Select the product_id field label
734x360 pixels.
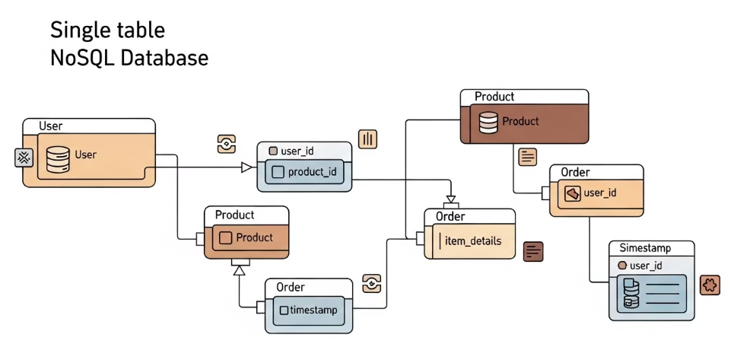[312, 172]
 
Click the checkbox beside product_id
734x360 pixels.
[278, 172]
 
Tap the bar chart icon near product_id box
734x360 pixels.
[367, 139]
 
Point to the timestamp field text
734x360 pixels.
[312, 310]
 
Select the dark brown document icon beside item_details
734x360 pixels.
[534, 251]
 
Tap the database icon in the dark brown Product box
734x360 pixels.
[488, 121]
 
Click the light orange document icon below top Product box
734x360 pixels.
[527, 157]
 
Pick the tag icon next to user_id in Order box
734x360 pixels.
[573, 193]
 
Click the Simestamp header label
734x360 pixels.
[645, 248]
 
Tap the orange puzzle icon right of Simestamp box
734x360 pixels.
[709, 285]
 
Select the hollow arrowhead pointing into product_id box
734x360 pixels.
[246, 167]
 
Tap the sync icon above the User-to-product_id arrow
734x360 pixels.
[226, 144]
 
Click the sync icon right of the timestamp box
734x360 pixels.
[371, 283]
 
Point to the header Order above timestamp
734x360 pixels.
[291, 287]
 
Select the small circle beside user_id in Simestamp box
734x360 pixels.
[622, 266]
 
